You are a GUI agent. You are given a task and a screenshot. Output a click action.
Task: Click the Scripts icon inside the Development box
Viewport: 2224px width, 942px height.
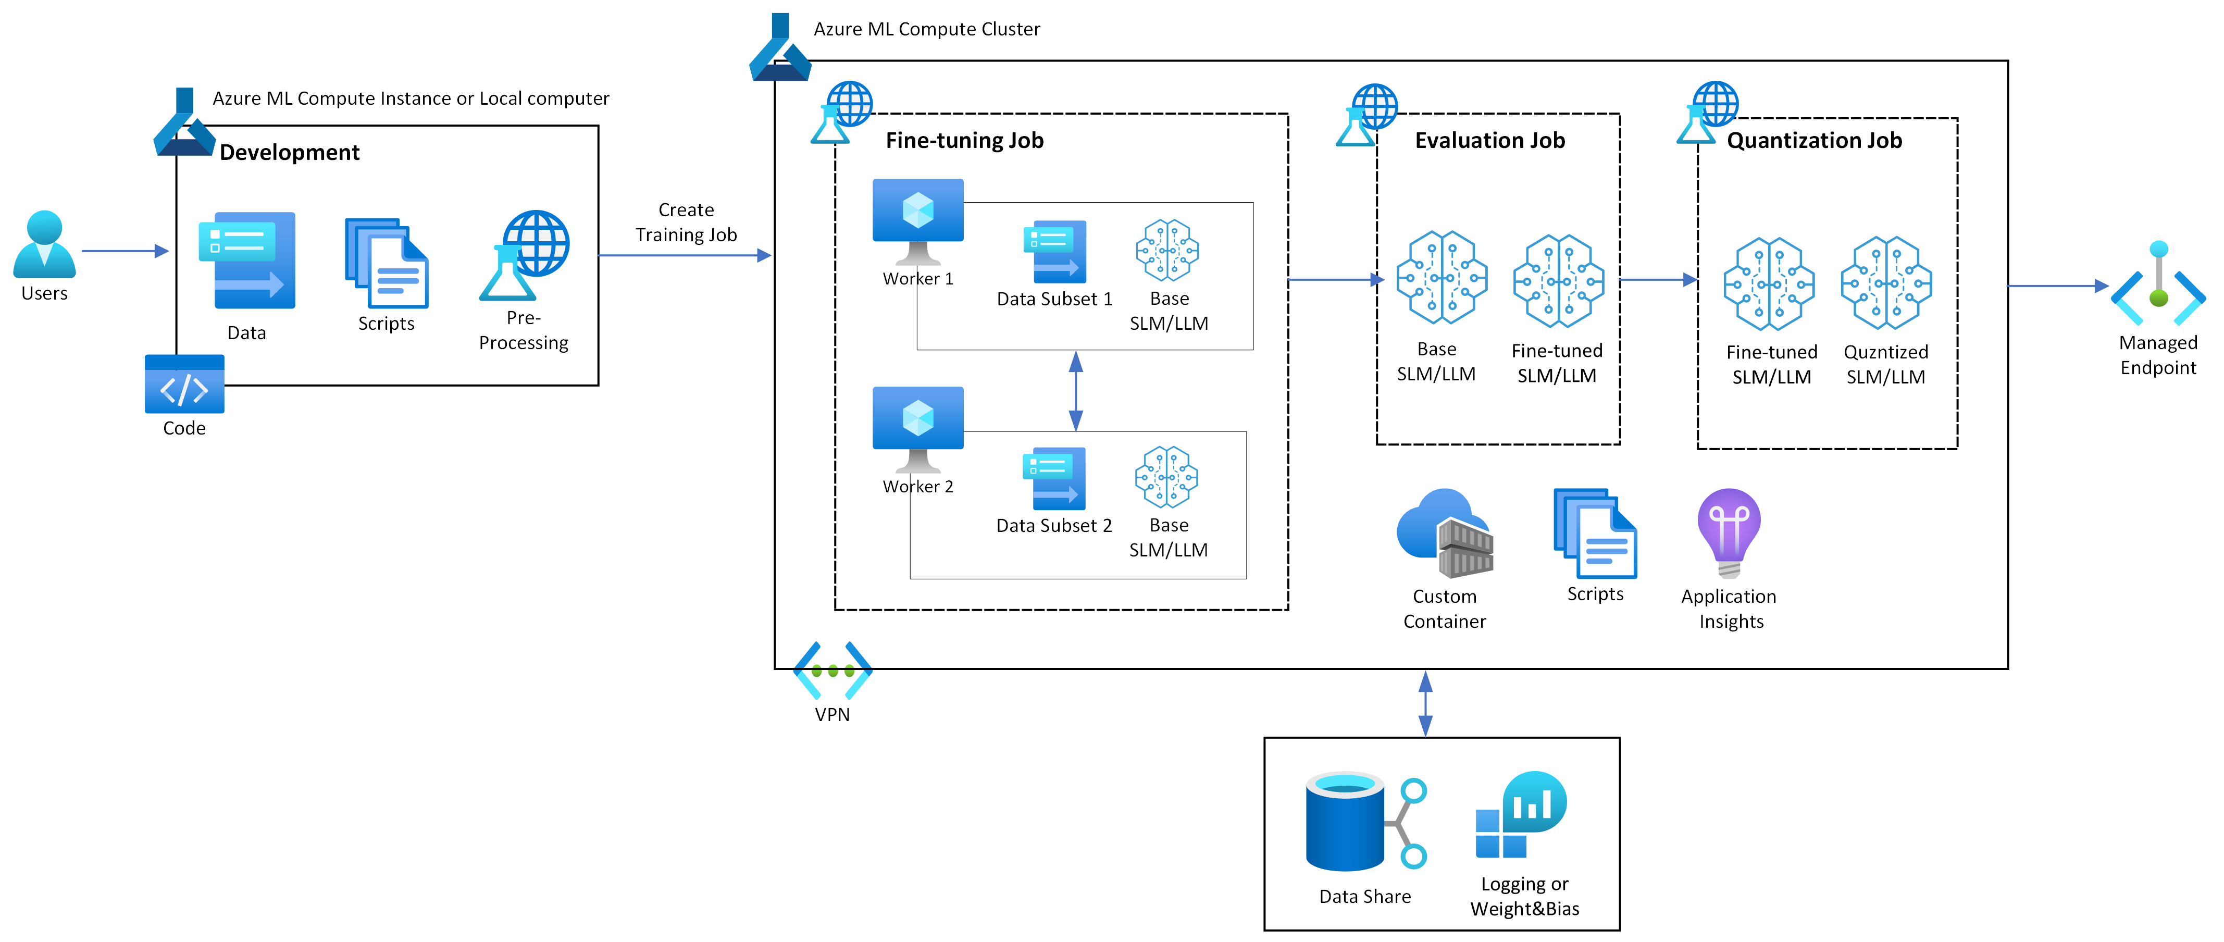click(387, 263)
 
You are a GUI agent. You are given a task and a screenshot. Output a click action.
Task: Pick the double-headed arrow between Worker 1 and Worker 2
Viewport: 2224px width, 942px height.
click(1076, 390)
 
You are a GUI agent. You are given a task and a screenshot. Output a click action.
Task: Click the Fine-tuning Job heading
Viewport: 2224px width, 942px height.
click(964, 141)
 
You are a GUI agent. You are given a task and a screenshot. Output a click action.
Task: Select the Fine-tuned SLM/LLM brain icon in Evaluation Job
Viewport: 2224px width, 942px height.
click(1558, 281)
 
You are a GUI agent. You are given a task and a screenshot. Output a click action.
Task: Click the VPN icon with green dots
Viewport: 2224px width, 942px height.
click(833, 670)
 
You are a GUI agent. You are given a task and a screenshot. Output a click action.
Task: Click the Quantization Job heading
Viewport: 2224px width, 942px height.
click(1814, 141)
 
